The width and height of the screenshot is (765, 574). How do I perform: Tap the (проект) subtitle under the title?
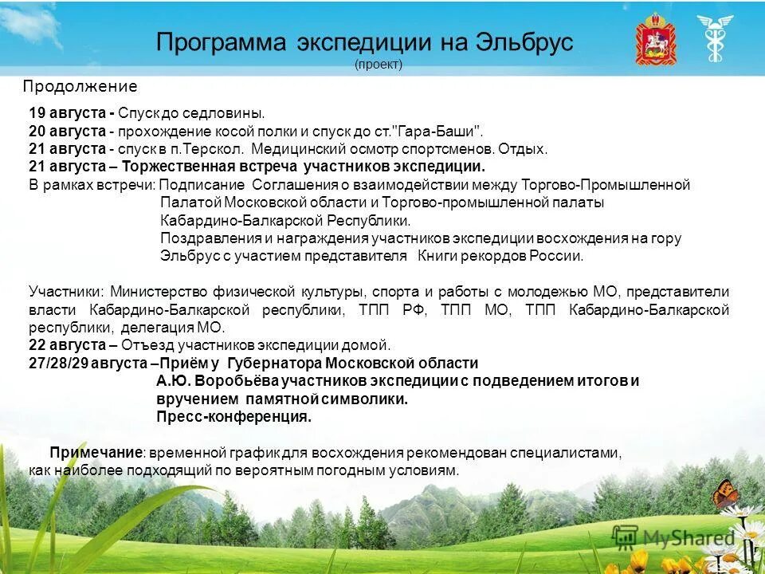click(x=379, y=65)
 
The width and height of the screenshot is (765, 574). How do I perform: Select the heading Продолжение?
click(x=80, y=87)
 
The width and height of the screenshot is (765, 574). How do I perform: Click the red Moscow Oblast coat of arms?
click(x=655, y=39)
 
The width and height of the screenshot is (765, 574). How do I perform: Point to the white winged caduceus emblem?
click(x=714, y=37)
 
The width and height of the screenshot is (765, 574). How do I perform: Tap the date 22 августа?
click(x=67, y=345)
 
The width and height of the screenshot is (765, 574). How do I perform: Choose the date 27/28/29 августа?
click(x=88, y=363)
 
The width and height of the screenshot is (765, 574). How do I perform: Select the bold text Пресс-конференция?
click(x=233, y=417)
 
